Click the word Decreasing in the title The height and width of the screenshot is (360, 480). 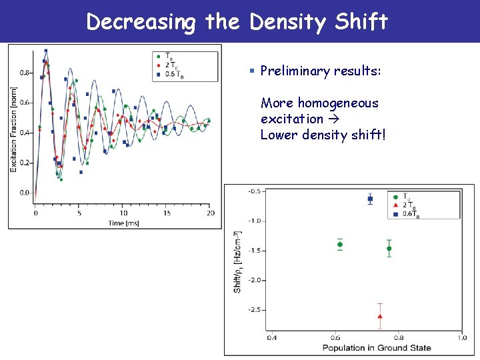tap(141, 21)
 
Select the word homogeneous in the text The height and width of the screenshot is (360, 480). tap(338, 103)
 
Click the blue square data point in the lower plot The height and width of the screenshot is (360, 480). tap(371, 199)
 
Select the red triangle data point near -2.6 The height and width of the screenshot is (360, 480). tap(380, 316)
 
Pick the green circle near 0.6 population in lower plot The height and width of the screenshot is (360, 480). tap(340, 245)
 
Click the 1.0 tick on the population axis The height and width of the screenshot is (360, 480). tap(461, 338)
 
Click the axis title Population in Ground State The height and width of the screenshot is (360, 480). tap(376, 347)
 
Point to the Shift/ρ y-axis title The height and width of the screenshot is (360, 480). tap(238, 261)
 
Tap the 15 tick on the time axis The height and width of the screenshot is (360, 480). tap(167, 213)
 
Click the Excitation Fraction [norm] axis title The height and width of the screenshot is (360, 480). tap(13, 129)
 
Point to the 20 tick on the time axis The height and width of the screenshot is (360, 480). tap(210, 213)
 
